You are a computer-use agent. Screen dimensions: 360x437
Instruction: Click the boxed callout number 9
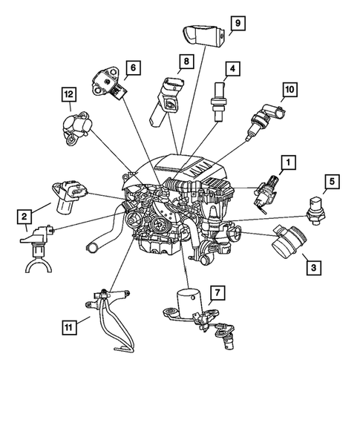point(238,23)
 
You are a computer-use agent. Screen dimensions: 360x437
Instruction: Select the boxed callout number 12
point(69,94)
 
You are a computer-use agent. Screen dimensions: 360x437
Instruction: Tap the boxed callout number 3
point(314,268)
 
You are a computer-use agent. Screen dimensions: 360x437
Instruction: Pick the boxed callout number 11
point(69,327)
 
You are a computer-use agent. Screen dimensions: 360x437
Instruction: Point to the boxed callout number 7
point(217,292)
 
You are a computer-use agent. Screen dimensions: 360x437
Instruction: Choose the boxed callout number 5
point(332,182)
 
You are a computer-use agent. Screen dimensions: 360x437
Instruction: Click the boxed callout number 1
point(288,162)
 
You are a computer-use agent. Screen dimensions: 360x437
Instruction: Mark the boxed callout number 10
point(289,90)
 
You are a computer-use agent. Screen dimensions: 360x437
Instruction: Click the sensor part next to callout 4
point(218,102)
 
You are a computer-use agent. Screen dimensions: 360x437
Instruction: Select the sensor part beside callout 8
point(166,101)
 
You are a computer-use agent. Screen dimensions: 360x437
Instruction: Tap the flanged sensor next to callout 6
point(109,82)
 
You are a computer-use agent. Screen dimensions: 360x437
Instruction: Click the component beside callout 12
point(76,127)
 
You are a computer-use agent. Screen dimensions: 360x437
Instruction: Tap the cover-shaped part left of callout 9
point(204,34)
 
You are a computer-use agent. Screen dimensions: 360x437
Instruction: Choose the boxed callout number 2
point(24,217)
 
